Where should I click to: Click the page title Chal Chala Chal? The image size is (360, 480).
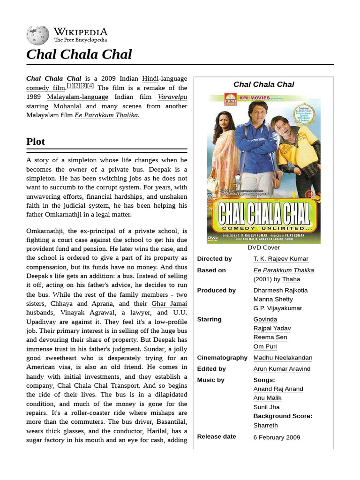click(x=79, y=54)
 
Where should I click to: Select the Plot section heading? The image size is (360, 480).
click(x=36, y=142)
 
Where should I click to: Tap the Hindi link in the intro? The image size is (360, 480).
click(x=150, y=78)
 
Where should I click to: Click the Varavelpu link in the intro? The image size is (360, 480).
click(x=172, y=97)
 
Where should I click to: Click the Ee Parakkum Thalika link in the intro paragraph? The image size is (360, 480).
click(x=106, y=115)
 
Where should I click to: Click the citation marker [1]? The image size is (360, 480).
click(x=70, y=86)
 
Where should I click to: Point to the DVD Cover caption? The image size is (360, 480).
click(x=263, y=247)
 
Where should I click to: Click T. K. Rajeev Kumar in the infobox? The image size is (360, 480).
click(x=281, y=259)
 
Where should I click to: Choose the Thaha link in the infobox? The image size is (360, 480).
click(x=291, y=279)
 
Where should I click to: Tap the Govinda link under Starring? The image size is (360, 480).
click(x=265, y=319)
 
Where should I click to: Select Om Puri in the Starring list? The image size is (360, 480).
click(x=265, y=346)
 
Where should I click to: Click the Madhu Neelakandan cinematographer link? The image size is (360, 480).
click(x=283, y=358)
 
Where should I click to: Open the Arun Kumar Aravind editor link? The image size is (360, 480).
click(x=282, y=369)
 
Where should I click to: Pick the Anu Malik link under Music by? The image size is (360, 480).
click(x=267, y=398)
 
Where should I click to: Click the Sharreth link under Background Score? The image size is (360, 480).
click(x=265, y=426)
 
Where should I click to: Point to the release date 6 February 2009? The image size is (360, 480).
click(x=277, y=437)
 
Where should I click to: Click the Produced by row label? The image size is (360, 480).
click(x=216, y=290)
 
